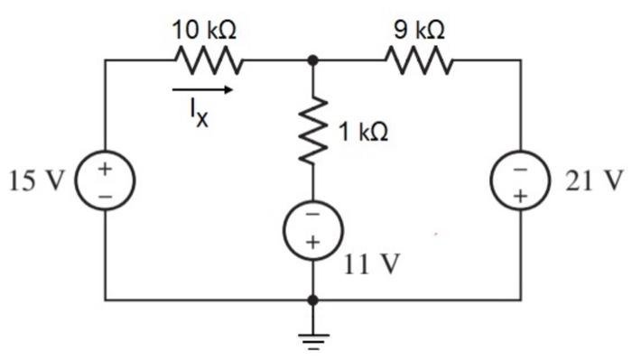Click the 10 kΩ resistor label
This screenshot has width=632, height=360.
205,31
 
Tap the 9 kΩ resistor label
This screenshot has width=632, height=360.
418,31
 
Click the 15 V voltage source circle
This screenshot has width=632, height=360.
106,180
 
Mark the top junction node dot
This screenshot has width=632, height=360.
313,61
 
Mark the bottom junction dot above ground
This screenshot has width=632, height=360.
313,299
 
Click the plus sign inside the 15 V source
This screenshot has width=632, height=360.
106,169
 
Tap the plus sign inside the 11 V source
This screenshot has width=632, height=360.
313,242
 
